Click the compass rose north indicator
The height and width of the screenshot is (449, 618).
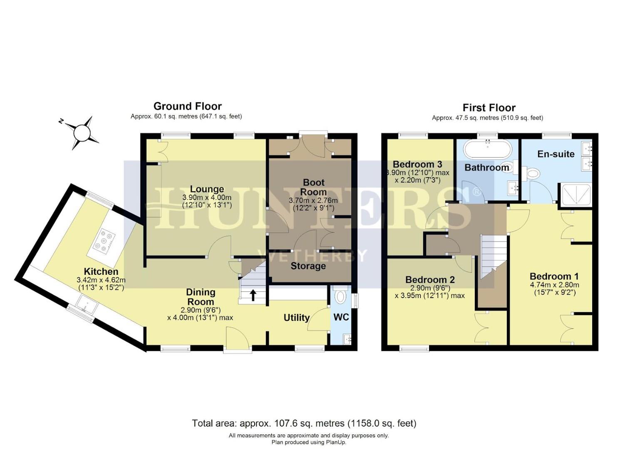coord(82,133)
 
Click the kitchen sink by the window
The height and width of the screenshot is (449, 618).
coord(87,306)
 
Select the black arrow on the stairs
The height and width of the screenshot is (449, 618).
coord(253,295)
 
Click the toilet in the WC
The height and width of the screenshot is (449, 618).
coord(340,296)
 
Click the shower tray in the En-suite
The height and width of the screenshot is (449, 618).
coord(576,195)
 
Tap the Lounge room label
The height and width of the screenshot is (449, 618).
coord(207,189)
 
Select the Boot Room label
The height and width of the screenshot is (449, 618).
coord(313,187)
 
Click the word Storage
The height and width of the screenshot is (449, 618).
coord(308,266)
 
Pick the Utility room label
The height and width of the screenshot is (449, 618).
coord(296,318)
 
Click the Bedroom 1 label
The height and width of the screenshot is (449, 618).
coord(554,276)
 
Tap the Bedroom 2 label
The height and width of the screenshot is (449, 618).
coord(430,280)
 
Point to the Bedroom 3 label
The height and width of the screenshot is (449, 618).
coord(417,164)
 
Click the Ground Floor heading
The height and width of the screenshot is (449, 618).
coord(187,106)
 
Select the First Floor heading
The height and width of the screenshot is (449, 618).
coord(489,108)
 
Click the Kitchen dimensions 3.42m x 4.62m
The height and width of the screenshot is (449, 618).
coord(101,280)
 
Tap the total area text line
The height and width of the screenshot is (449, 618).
coord(304,423)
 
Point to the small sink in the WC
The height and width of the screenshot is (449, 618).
coord(348,340)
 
